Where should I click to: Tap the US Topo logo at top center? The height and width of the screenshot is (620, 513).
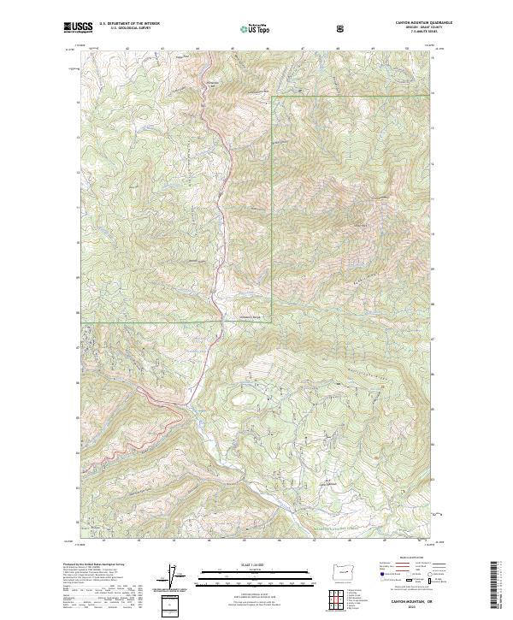pos(249,29)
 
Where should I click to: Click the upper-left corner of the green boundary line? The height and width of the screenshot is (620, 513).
pos(272,97)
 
